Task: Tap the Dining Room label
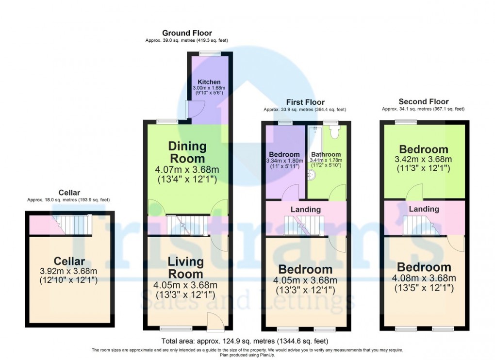pos(187,152)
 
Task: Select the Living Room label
pos(185,268)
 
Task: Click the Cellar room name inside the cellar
pos(69,262)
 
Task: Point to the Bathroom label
pos(326,154)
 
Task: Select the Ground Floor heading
pos(187,33)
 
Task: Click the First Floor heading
pos(305,102)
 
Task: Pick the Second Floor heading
pos(423,102)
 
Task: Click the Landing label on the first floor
pos(306,210)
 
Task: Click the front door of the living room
pos(214,321)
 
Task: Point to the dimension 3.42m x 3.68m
pos(423,160)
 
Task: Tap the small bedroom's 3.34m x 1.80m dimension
pos(284,161)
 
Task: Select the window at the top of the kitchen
pos(209,53)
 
